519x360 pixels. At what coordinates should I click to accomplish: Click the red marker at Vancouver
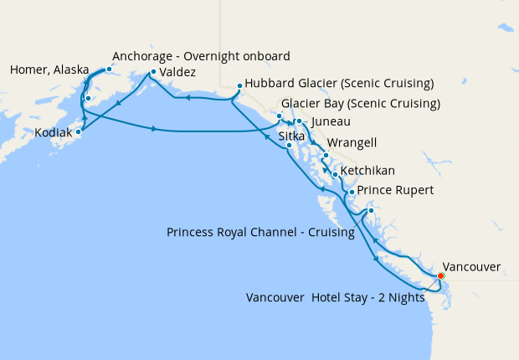point(441,275)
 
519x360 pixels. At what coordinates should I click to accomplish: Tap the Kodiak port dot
point(79,131)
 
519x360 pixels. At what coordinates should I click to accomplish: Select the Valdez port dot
point(152,73)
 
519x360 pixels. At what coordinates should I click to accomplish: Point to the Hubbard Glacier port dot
point(239,85)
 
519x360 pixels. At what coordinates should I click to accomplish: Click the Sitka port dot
point(289,146)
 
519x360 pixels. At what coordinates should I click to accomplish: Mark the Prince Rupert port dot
point(351,193)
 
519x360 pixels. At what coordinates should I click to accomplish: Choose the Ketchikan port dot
point(335,175)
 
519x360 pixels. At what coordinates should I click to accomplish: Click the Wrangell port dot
point(325,156)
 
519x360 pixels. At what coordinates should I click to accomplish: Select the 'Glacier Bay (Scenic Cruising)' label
point(361,104)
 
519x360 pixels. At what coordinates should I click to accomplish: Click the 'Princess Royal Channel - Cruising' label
point(260,232)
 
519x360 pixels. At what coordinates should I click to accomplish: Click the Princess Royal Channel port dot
point(370,211)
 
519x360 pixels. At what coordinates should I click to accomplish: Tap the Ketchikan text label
point(367,171)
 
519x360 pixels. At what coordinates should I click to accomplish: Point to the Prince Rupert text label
point(395,191)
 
